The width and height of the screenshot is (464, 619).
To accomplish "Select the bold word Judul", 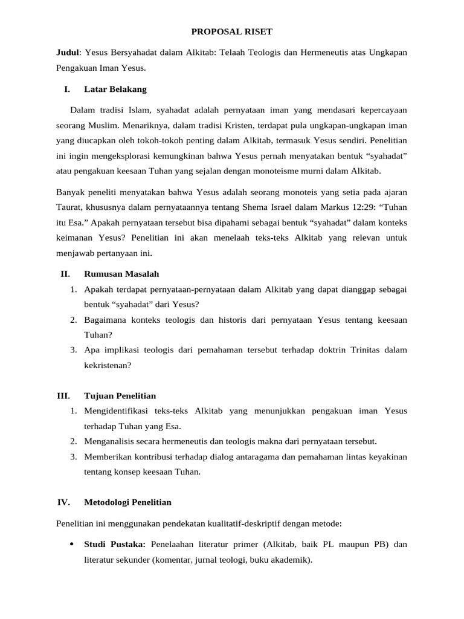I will click(x=67, y=53).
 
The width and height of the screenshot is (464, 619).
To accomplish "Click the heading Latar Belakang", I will click(x=115, y=89).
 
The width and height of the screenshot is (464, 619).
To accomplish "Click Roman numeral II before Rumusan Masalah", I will click(x=66, y=274).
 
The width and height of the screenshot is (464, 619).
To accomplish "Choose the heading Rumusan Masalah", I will click(x=121, y=274).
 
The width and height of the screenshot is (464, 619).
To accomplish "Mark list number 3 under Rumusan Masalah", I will click(x=72, y=349).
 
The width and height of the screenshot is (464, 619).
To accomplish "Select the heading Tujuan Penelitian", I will click(x=120, y=396).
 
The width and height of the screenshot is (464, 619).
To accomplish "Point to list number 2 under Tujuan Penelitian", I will click(x=72, y=441).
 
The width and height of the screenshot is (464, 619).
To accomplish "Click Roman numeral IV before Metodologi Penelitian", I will click(x=64, y=502).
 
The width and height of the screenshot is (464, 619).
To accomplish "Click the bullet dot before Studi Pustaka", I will click(x=72, y=544).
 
